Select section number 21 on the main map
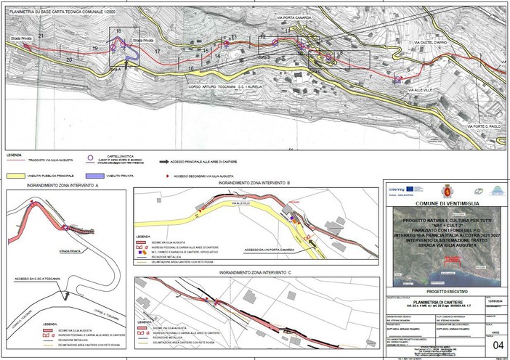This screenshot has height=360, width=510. point(42,36)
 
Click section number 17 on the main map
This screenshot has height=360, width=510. point(157,52)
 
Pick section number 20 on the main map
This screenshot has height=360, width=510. point(70,57)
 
